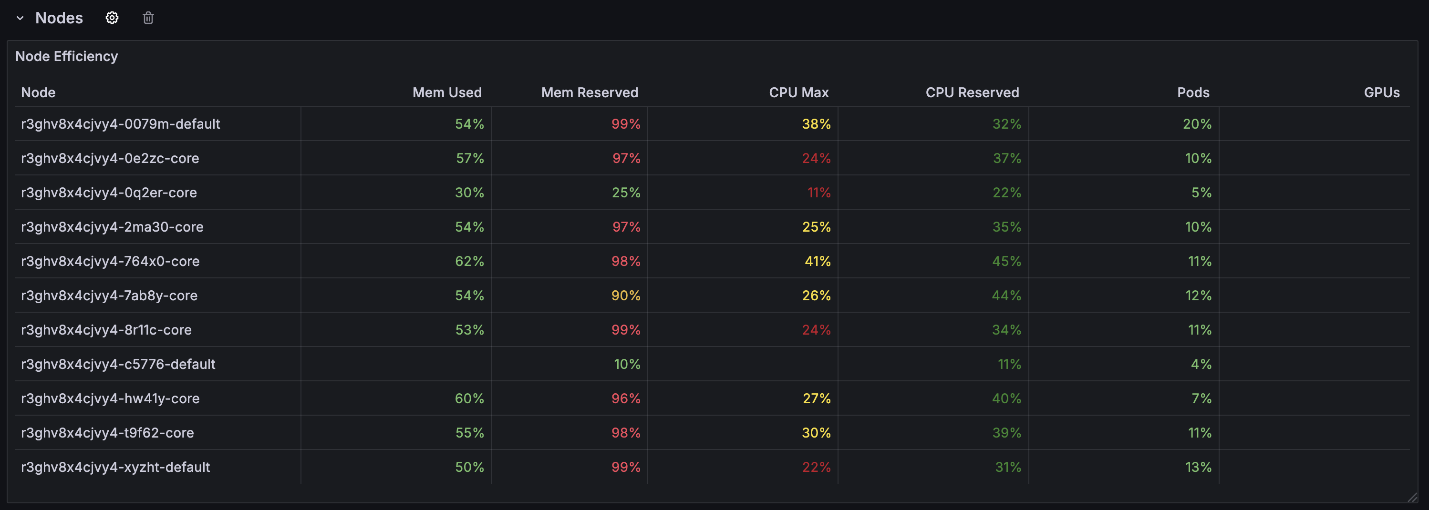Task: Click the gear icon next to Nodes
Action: coord(112,18)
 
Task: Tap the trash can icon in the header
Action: coord(148,18)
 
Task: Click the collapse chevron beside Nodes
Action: coord(20,18)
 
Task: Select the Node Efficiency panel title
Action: coord(67,56)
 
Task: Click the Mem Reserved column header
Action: coord(590,92)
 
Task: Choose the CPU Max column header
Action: coord(799,92)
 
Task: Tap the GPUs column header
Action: coord(1382,92)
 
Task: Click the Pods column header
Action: coord(1193,92)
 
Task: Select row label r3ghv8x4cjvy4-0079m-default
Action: coord(120,123)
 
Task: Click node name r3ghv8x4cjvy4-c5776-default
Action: coord(118,364)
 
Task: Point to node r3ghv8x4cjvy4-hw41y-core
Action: coord(110,398)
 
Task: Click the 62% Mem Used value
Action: coord(469,261)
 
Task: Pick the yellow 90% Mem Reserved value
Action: coord(626,296)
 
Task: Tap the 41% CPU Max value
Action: coord(818,261)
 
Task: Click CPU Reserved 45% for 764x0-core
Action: coord(1007,261)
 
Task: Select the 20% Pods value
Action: coord(1197,123)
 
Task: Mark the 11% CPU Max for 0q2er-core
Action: coord(819,193)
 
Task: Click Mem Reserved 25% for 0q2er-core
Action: coord(626,193)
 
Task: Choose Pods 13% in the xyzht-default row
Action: coord(1199,467)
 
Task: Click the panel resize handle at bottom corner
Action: coord(1412,497)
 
